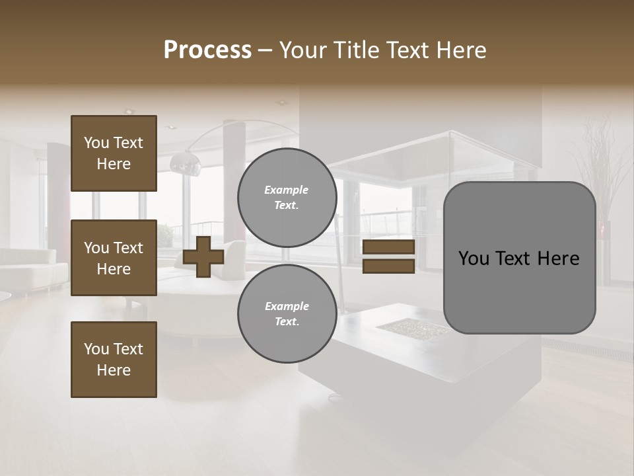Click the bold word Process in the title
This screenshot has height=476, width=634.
(x=207, y=50)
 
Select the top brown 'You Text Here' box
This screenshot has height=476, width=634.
(x=114, y=153)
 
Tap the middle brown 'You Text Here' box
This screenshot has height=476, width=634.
(x=114, y=258)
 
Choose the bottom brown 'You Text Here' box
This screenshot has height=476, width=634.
(x=114, y=360)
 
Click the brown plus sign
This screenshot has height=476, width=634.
(x=203, y=257)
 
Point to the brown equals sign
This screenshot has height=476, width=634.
(x=388, y=257)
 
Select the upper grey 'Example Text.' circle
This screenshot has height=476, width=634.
(x=287, y=198)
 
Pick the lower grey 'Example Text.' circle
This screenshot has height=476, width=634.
(x=287, y=314)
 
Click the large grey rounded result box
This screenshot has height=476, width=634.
(x=519, y=258)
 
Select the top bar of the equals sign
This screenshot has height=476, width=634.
(x=388, y=247)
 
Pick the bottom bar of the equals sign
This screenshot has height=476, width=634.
(x=388, y=266)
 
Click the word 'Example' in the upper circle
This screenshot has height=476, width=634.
(x=287, y=190)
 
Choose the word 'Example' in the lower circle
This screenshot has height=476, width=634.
(x=287, y=306)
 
